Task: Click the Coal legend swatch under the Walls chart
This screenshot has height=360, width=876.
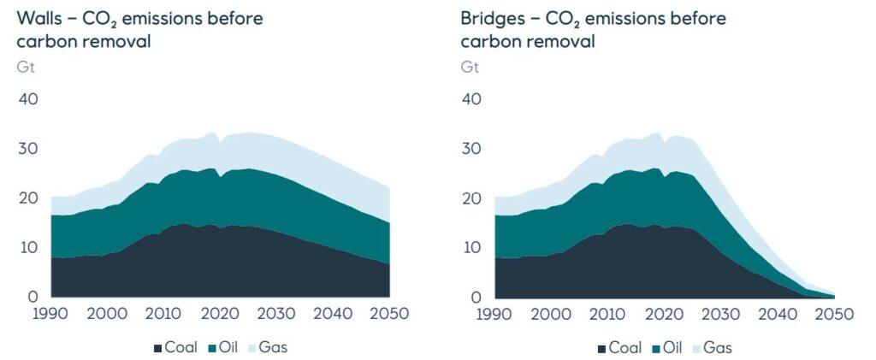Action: (x=158, y=348)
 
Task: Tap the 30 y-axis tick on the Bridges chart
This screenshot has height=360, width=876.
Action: (x=471, y=149)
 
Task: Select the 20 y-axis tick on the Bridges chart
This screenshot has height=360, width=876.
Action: (x=471, y=198)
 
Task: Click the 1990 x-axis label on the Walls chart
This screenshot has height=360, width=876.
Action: (x=52, y=315)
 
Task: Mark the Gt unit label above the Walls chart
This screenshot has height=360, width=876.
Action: (x=26, y=66)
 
